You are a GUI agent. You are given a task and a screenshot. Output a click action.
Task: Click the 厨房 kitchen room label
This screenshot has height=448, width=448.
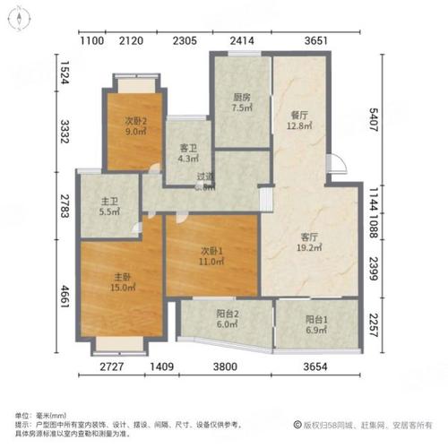pos(241,98)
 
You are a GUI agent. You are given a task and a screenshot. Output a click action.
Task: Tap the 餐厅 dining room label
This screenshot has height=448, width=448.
pos(300,115)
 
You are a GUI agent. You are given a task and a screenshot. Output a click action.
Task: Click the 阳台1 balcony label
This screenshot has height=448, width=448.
pos(314,320)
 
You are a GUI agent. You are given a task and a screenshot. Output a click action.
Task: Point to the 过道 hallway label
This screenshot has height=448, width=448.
pos(205,177)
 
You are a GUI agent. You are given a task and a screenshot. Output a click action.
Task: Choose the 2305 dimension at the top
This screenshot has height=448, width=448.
pos(185,40)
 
